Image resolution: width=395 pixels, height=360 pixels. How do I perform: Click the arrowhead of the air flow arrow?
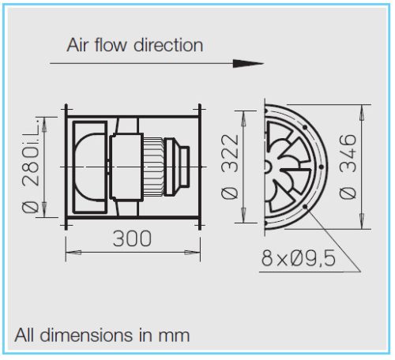click(254, 62)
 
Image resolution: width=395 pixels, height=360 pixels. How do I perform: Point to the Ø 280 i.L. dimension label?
click(32, 166)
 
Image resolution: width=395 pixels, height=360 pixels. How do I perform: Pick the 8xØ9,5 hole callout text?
click(299, 257)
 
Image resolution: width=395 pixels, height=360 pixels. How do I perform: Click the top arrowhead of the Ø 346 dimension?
click(363, 105)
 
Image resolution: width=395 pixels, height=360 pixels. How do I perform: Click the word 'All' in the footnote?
click(25, 335)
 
